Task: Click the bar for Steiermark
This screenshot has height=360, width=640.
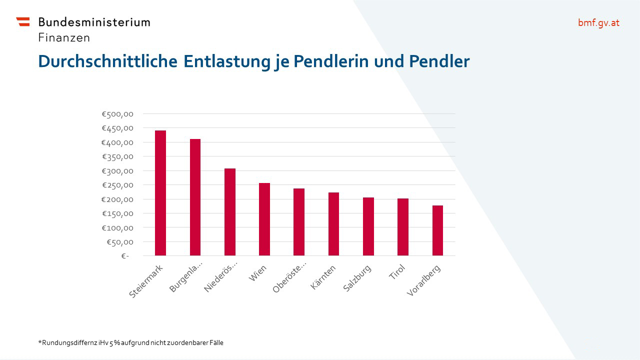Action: click(x=160, y=193)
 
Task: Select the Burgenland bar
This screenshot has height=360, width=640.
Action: click(x=195, y=197)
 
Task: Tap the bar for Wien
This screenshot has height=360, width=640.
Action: click(x=264, y=219)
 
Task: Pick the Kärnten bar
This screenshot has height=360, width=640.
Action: click(x=333, y=224)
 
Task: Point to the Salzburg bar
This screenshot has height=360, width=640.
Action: click(x=368, y=226)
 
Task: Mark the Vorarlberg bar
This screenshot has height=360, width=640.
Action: click(x=437, y=230)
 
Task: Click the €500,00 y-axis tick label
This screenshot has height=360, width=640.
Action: click(x=117, y=114)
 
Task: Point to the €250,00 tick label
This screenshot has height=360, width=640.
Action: click(x=117, y=185)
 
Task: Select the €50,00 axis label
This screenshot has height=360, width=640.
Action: click(x=119, y=242)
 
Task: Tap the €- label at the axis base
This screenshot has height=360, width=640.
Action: click(x=124, y=256)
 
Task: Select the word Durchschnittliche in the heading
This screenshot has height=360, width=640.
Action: click(x=107, y=61)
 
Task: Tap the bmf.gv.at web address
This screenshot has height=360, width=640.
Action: click(x=598, y=22)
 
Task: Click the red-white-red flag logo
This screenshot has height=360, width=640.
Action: click(x=23, y=21)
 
